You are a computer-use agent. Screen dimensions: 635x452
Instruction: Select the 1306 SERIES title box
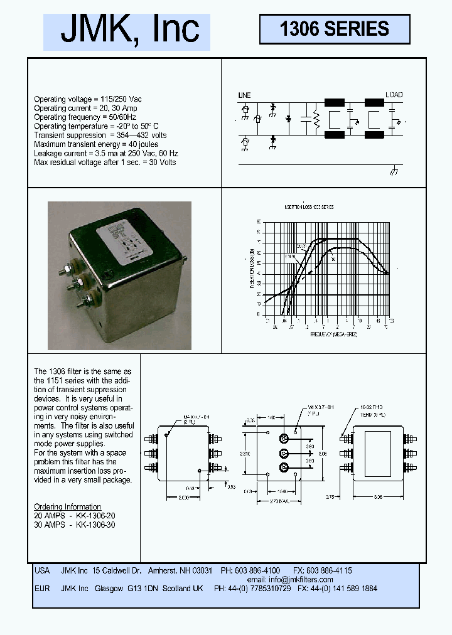pyautogui.click(x=335, y=29)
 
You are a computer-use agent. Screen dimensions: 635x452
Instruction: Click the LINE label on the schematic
pyautogui.click(x=244, y=95)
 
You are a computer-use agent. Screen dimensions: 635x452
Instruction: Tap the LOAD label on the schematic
pyautogui.click(x=394, y=95)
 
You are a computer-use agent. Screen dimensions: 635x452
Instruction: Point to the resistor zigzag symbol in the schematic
pyautogui.click(x=316, y=119)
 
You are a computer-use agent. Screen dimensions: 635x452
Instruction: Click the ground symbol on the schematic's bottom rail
pyautogui.click(x=394, y=171)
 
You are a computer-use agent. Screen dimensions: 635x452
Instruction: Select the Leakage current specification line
pyautogui.click(x=105, y=153)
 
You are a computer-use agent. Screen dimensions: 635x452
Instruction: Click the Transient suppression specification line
pyautogui.click(x=100, y=135)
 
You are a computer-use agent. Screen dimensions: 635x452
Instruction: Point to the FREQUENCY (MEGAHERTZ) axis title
pyautogui.click(x=333, y=334)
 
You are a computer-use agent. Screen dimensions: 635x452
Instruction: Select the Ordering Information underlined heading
pyautogui.click(x=67, y=506)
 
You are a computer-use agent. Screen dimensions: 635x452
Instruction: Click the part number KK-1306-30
pyautogui.click(x=95, y=524)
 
